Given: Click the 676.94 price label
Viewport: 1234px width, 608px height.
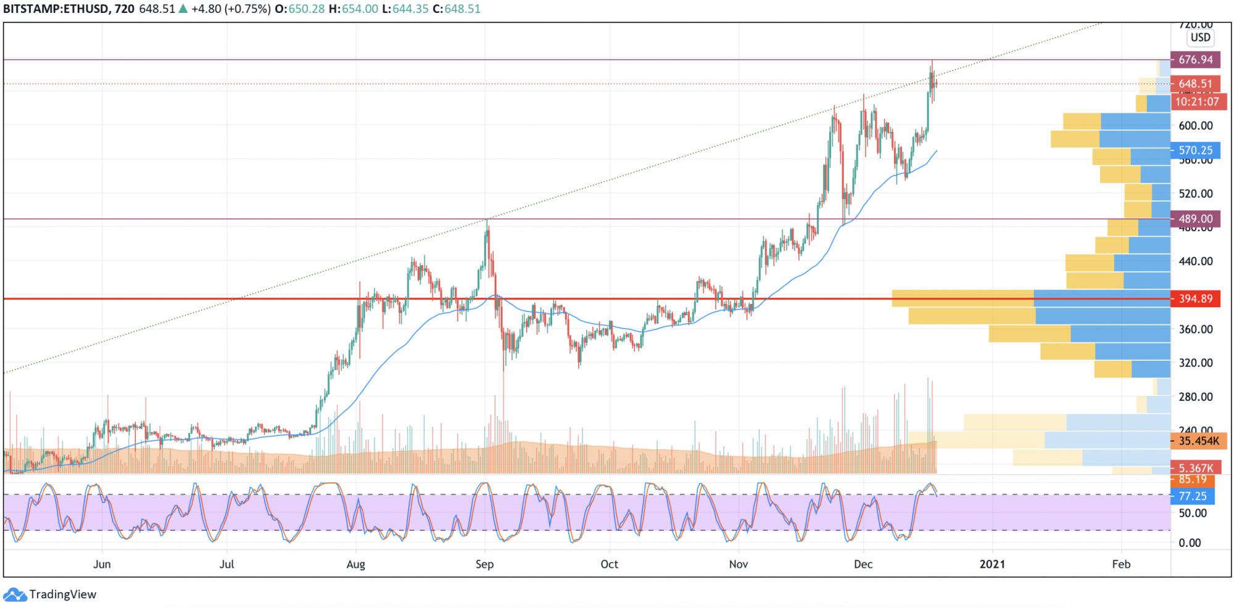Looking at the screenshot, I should (1195, 60).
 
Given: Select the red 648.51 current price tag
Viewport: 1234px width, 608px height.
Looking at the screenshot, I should (1195, 83).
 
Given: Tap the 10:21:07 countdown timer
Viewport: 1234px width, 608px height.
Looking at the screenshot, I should (1197, 102).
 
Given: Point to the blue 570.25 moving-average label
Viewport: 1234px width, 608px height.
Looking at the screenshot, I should (1195, 150).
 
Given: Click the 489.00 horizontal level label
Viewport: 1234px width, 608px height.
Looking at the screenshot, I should (1195, 218).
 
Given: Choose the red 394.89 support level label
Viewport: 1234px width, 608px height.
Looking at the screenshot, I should (1195, 298).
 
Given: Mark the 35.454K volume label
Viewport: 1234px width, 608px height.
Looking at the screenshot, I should (1198, 441).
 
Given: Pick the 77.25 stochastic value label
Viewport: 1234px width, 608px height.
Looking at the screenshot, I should (1192, 496).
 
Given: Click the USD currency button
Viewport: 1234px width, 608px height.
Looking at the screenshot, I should (1200, 37).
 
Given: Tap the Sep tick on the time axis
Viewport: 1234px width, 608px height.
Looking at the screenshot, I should (484, 564).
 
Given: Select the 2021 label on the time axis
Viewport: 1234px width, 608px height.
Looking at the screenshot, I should (992, 564).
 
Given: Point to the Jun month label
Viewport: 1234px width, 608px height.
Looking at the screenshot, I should (102, 564).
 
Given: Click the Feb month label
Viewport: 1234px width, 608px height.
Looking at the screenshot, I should (1121, 564).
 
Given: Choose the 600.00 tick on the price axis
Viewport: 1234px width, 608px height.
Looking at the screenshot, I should (1195, 125).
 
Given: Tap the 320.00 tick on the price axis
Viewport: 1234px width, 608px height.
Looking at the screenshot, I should (1195, 363).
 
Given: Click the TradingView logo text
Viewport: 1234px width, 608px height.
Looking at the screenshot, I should (62, 594).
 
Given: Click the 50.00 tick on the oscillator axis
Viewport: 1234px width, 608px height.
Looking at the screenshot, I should (1192, 513).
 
